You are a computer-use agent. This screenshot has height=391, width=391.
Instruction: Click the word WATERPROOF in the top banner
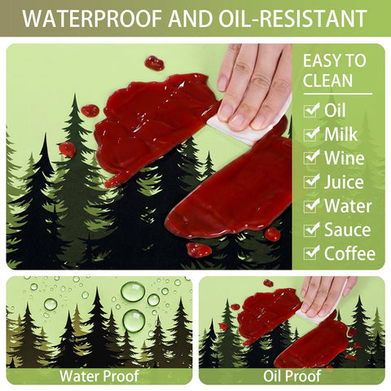click(x=92, y=19)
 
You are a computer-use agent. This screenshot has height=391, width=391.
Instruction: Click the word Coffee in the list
click(x=349, y=253)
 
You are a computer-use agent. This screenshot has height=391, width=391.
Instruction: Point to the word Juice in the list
click(x=344, y=182)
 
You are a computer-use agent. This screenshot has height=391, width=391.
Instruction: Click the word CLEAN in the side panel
click(x=327, y=80)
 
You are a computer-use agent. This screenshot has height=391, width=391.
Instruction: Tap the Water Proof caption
click(x=99, y=376)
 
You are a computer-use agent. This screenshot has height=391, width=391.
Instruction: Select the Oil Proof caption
click(x=292, y=376)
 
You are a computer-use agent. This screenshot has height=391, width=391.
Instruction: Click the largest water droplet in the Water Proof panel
click(x=133, y=292)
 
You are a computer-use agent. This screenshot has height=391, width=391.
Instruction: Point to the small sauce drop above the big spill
click(x=154, y=64)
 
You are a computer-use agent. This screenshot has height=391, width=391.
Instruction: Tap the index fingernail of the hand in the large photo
click(x=225, y=112)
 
